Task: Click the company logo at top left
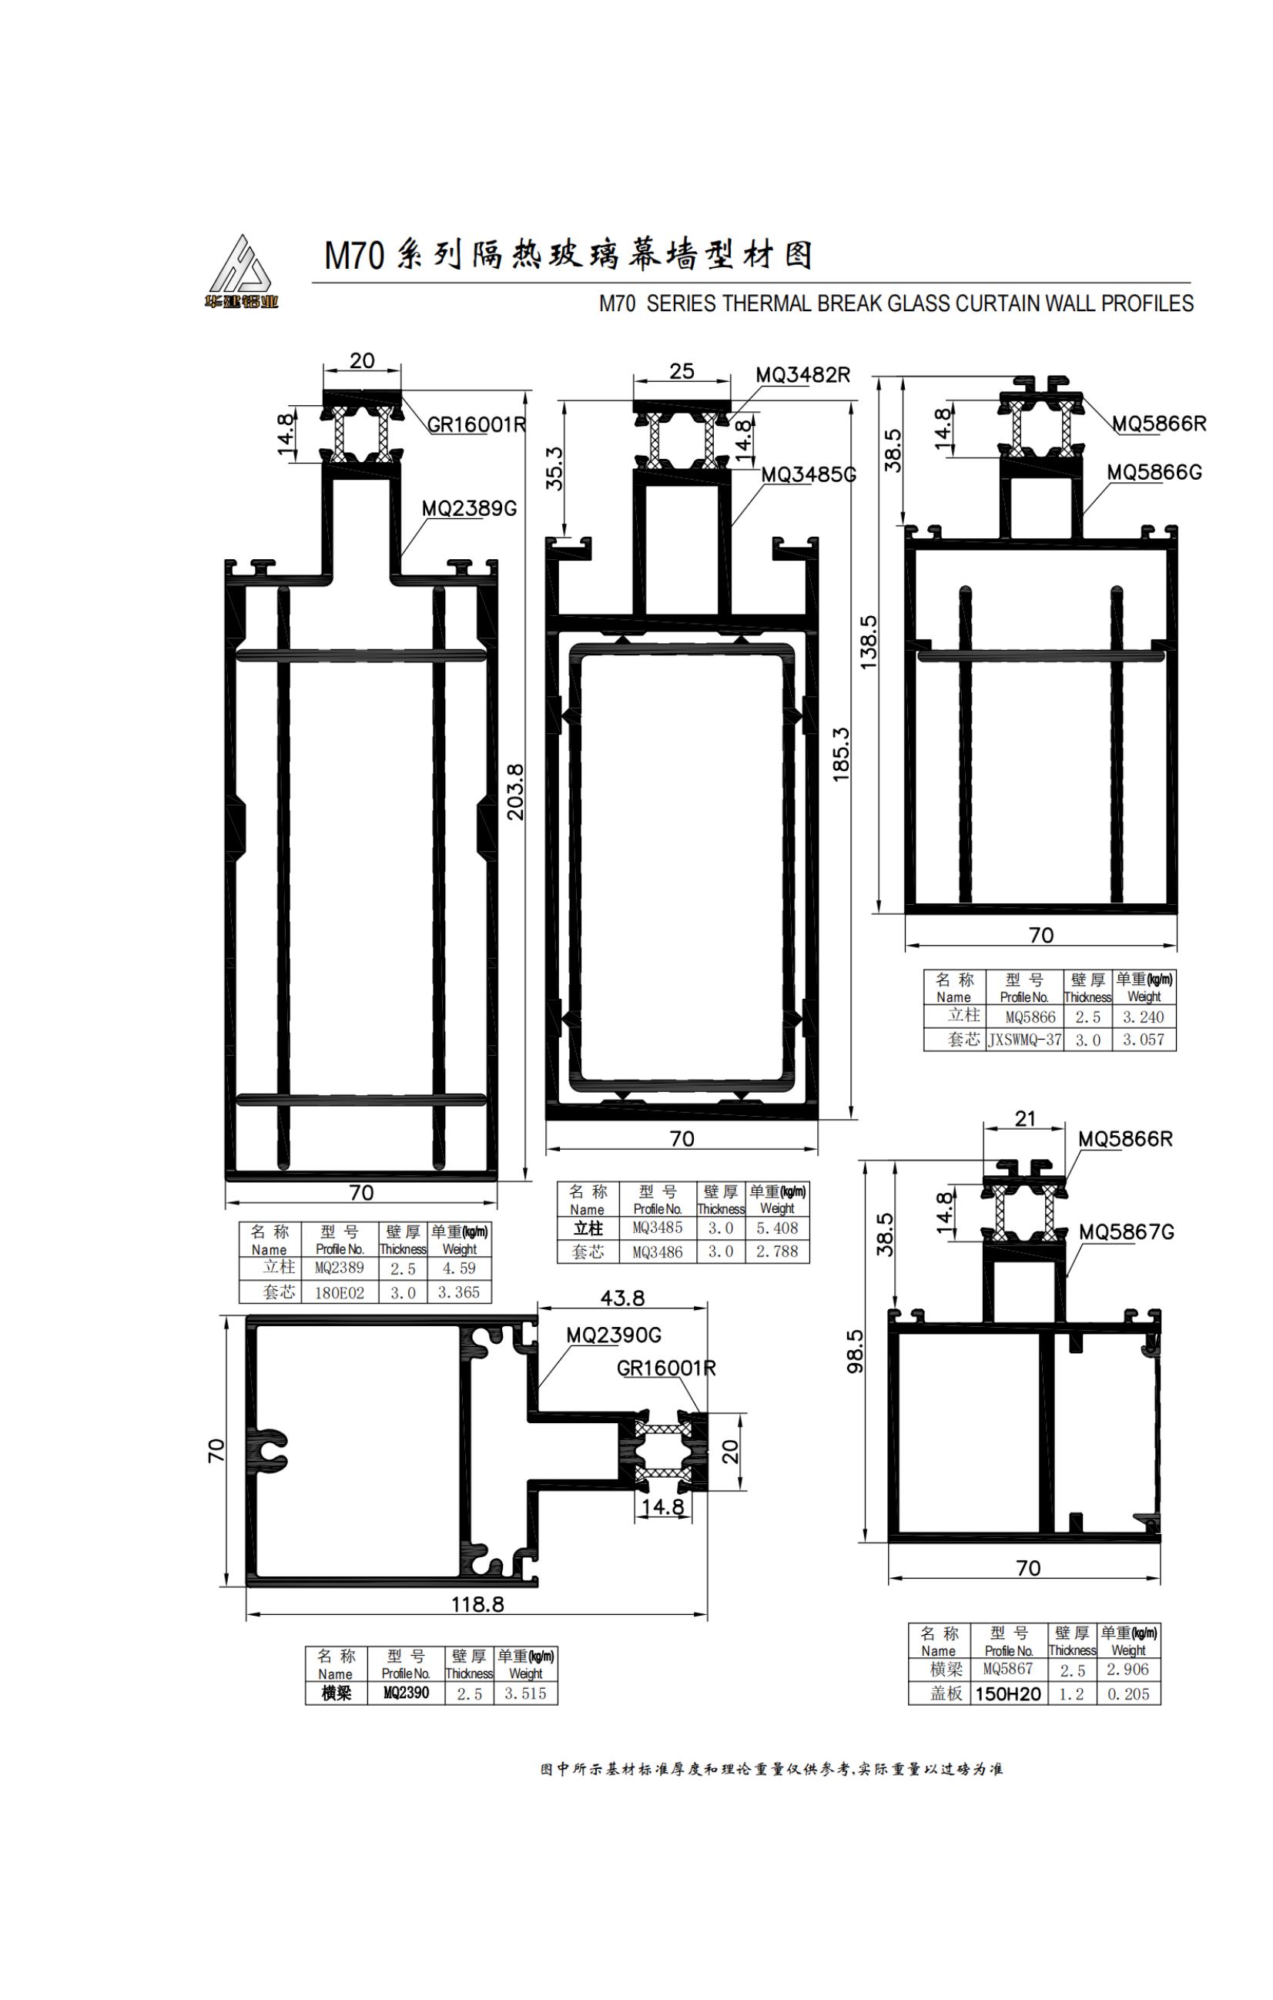(243, 272)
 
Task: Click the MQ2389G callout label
(469, 508)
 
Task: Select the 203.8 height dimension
(516, 792)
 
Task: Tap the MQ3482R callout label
(803, 374)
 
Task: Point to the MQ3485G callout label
(809, 474)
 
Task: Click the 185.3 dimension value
(841, 753)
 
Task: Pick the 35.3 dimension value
(554, 468)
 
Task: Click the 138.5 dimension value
(868, 642)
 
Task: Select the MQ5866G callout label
(1154, 472)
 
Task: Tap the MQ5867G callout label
(1127, 1231)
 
